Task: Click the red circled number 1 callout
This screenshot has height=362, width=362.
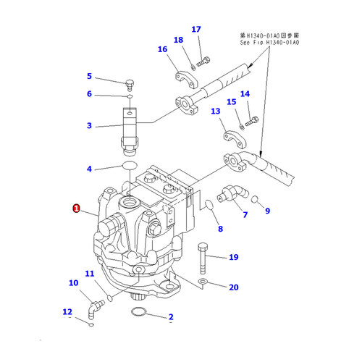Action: pyautogui.click(x=76, y=209)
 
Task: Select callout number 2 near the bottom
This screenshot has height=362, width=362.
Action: pyautogui.click(x=171, y=317)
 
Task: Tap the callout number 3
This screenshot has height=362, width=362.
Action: pyautogui.click(x=90, y=126)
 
